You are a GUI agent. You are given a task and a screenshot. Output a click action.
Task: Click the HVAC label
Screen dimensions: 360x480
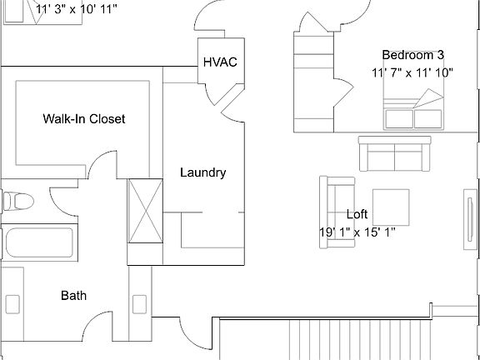(x=220, y=63)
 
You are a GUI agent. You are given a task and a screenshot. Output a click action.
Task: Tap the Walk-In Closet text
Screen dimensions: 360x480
(x=83, y=119)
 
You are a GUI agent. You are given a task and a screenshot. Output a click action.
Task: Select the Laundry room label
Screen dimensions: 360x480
(x=202, y=172)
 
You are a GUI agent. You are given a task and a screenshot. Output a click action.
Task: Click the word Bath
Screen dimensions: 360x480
(x=73, y=295)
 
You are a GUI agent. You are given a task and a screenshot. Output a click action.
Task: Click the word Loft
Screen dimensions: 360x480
(x=357, y=213)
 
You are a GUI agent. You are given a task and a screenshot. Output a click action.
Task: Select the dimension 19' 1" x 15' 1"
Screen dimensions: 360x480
(x=357, y=232)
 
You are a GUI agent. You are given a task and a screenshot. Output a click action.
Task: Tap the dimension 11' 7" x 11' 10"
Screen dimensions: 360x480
(x=412, y=72)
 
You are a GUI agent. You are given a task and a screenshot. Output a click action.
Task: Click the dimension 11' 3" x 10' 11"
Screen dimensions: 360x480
(x=77, y=8)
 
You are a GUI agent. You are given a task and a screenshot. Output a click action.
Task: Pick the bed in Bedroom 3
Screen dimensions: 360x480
(x=414, y=110)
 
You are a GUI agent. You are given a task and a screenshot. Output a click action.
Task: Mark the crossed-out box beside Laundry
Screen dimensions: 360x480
(x=143, y=210)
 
